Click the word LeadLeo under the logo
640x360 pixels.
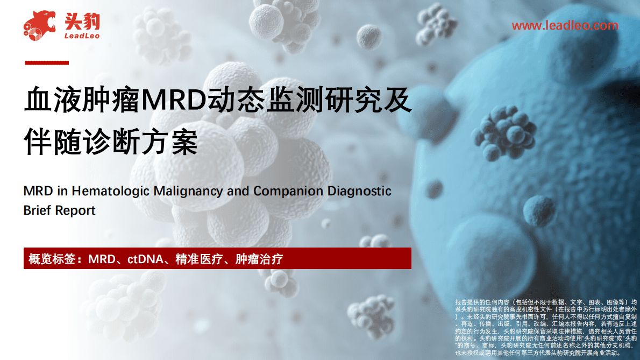tap(81, 36)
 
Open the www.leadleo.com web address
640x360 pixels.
tap(565, 25)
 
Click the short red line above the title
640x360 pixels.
tap(47, 63)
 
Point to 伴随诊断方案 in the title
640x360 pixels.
tap(111, 141)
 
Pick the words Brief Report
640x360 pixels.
tap(60, 210)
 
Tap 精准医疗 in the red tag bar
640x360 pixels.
tap(195, 259)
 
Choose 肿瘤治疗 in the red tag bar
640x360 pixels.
tap(259, 259)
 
